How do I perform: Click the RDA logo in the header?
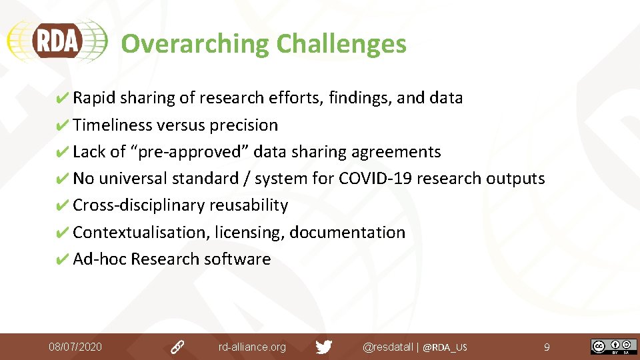tap(57, 41)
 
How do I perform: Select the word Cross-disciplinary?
tap(139, 205)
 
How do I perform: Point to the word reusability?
tap(249, 205)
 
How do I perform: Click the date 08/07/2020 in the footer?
tap(75, 347)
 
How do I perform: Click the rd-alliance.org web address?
tap(252, 347)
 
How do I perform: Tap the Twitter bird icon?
tap(324, 347)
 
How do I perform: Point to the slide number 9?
tap(547, 347)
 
